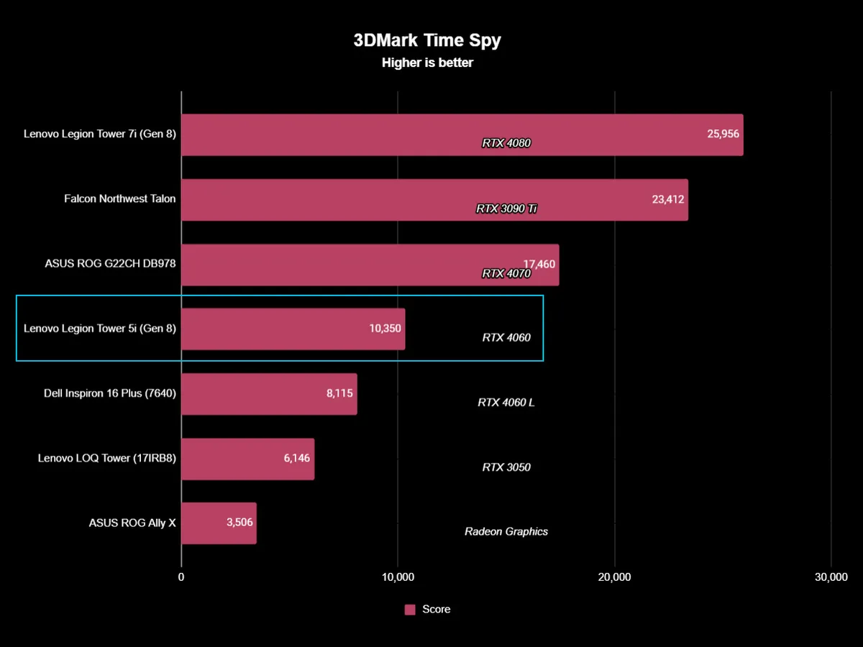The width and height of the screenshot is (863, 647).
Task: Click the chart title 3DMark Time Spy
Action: pos(427,40)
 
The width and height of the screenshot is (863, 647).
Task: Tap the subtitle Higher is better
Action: pos(427,63)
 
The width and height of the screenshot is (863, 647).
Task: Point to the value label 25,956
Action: pos(723,134)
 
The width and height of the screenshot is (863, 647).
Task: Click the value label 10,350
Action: pos(385,328)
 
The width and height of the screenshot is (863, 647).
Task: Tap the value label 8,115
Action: pos(339,393)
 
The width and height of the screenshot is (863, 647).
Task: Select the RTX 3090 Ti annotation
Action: pos(506,208)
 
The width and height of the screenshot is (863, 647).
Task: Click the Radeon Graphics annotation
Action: pos(506,532)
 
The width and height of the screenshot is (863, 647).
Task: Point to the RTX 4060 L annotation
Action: pos(506,403)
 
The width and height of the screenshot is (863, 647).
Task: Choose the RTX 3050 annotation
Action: pos(506,467)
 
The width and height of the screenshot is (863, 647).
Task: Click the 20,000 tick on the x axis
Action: pos(614,577)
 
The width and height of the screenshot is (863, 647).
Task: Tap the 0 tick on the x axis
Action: pos(181,577)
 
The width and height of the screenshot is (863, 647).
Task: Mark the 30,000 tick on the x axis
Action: pos(831,577)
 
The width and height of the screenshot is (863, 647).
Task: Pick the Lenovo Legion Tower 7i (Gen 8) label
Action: pos(100,134)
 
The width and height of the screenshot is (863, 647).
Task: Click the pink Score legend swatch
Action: pos(410,610)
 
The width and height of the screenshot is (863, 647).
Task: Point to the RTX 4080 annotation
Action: pos(506,143)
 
